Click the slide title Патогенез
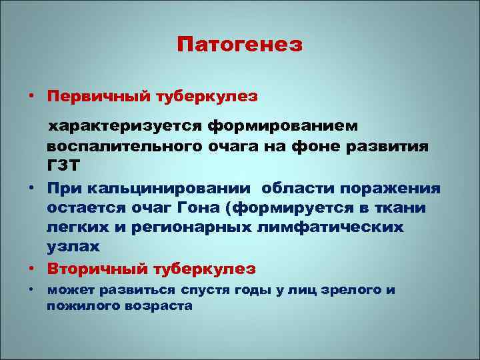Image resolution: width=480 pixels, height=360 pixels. coord(240,45)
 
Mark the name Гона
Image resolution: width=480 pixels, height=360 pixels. coord(195,207)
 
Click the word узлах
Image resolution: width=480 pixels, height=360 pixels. coord(73,247)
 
